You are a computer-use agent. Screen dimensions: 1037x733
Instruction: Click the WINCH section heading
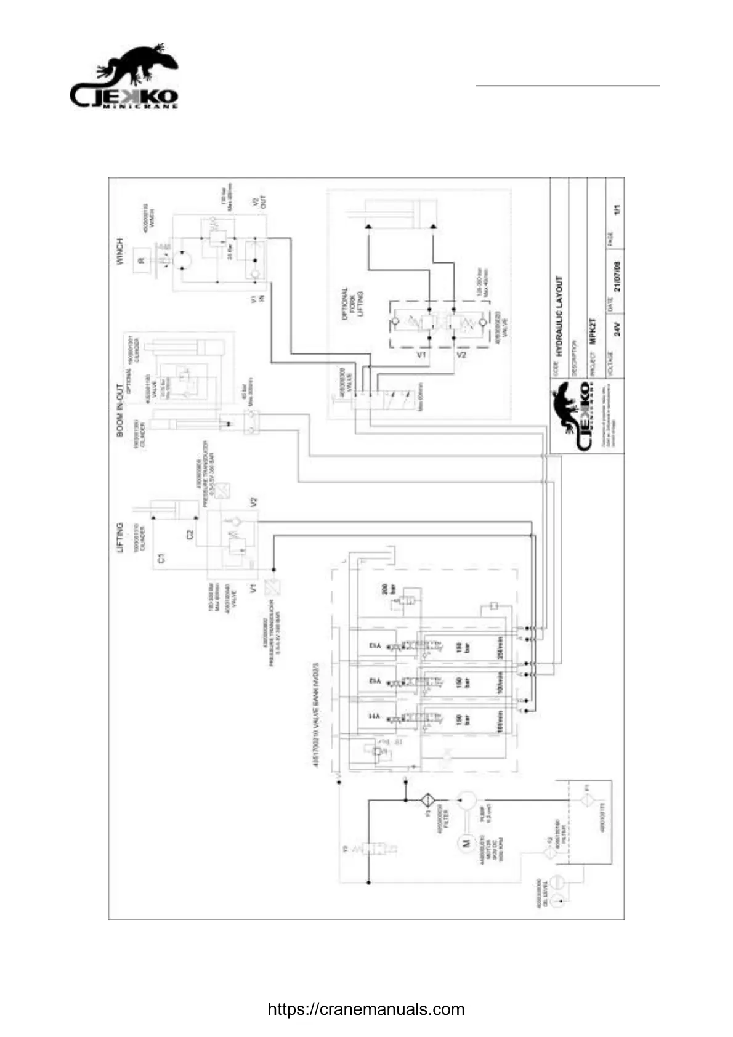pos(120,251)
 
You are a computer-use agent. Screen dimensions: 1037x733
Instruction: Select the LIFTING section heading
pos(120,538)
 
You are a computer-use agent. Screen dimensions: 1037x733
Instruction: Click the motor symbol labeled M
pos(466,842)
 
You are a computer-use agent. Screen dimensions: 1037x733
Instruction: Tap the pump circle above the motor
pos(467,801)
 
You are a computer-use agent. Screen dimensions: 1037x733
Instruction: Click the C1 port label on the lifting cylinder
pos(161,559)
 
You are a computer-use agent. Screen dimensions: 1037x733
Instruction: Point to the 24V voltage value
pos(618,329)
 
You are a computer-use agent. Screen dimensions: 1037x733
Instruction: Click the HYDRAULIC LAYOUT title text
pos(559,317)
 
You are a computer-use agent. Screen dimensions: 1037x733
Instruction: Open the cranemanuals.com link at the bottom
pos(366,1009)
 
